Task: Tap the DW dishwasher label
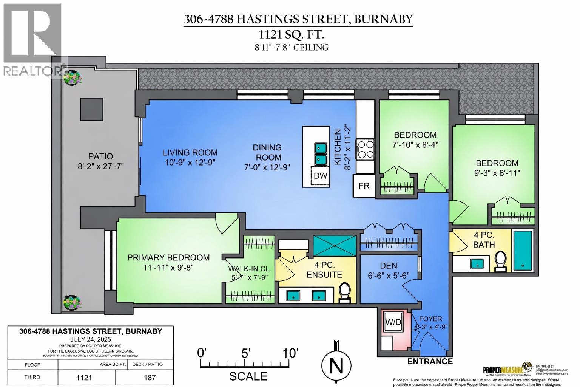(x=320, y=176)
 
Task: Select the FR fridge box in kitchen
(x=364, y=186)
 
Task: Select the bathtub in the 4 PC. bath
(x=523, y=250)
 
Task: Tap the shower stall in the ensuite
(x=335, y=246)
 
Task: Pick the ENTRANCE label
(x=430, y=361)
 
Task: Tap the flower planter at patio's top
(x=71, y=78)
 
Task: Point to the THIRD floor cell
(x=32, y=377)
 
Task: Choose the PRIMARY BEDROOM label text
(x=168, y=258)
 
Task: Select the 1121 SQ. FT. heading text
(x=291, y=35)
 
